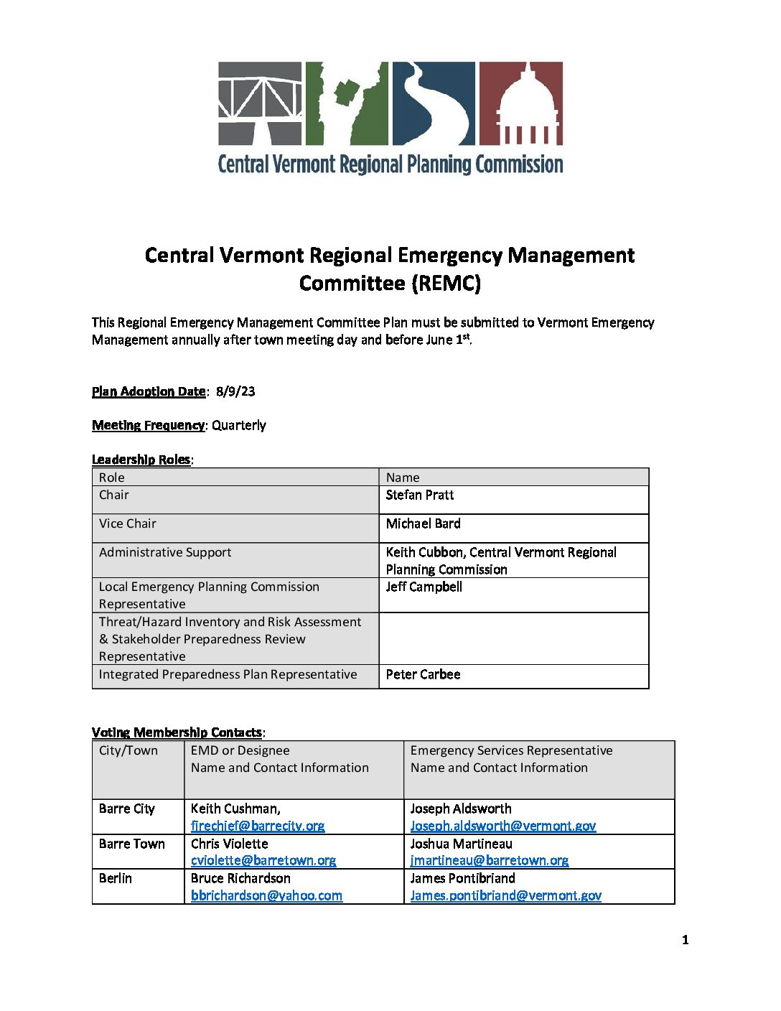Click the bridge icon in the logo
tap(260, 103)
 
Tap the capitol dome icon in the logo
tap(520, 103)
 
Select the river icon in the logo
tap(433, 103)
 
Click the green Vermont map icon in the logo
tap(347, 103)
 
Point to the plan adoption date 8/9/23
tap(235, 391)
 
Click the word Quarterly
tap(238, 425)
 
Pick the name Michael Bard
tap(423, 523)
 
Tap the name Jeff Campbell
tap(424, 587)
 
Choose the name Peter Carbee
tap(423, 674)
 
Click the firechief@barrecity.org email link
tap(258, 826)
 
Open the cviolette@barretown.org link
tap(263, 860)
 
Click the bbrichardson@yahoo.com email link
tap(266, 895)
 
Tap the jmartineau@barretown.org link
tap(490, 860)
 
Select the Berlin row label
tap(116, 878)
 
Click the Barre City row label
tap(127, 809)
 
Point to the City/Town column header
tap(128, 750)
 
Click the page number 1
tap(685, 940)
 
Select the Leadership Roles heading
tap(141, 460)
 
